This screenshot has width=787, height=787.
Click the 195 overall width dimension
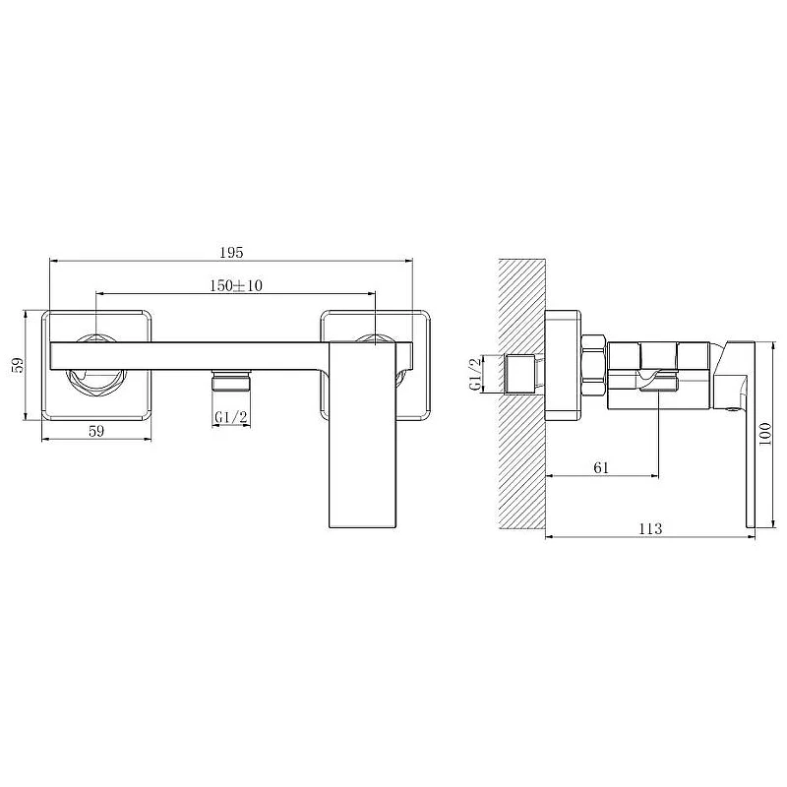coord(231,252)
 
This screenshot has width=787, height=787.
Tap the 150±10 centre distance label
coord(235,285)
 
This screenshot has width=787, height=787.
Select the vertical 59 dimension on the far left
coord(18,365)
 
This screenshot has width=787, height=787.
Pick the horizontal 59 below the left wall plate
coord(96,431)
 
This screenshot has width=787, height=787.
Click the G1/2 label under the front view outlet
coord(231,417)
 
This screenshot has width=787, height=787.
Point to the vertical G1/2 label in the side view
coord(475,374)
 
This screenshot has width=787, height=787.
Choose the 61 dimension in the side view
coord(601,468)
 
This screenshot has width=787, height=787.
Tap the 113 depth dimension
coord(650,528)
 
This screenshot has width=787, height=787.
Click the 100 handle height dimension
coord(765,435)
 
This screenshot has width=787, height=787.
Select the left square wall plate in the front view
coord(96,365)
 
